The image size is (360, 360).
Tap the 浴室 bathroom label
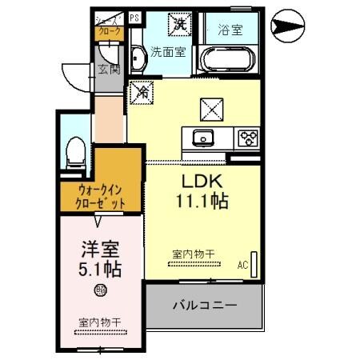[230, 30]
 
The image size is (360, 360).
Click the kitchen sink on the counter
[202, 138]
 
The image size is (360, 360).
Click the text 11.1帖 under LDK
[202, 202]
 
